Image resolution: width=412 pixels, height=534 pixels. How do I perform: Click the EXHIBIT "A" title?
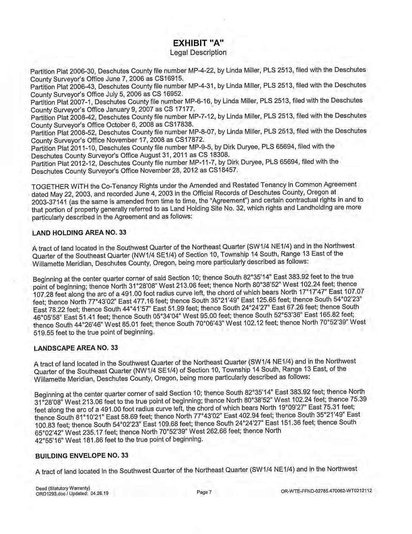coord(198,43)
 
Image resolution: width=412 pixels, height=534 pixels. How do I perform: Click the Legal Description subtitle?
coord(198,52)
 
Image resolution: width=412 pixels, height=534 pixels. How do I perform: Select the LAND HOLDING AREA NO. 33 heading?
coord(79,233)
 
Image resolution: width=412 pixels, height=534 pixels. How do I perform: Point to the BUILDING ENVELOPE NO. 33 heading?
coord(82,456)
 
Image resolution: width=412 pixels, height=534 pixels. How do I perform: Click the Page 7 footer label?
coord(204,492)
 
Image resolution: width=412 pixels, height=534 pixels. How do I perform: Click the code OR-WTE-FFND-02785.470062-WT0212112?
coord(327,491)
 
